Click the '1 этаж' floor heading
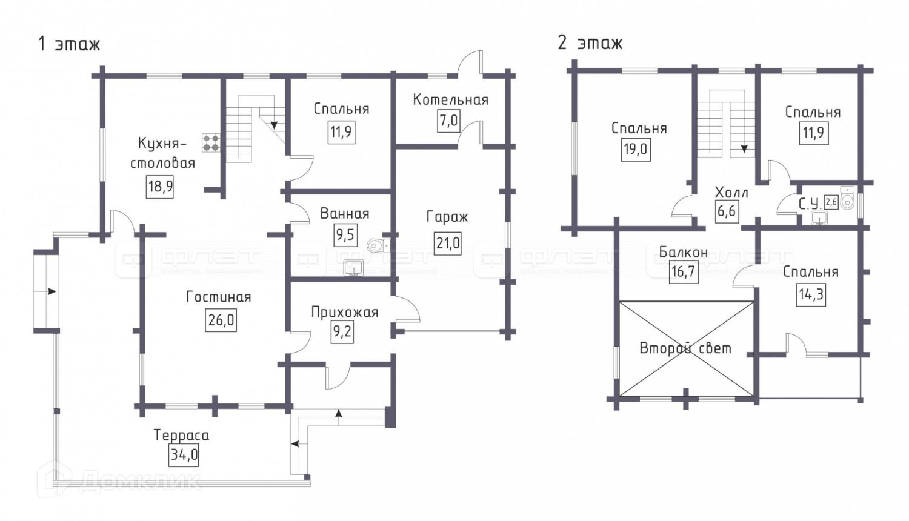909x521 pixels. [68, 44]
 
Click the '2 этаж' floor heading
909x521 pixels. [590, 43]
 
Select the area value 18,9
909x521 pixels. [161, 185]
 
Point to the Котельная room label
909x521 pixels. [450, 100]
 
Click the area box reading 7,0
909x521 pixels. [448, 121]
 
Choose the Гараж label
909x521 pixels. [447, 216]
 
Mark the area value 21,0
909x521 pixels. [448, 244]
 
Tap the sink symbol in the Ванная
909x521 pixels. [353, 268]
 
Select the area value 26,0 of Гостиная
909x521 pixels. [221, 319]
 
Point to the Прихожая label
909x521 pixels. [344, 313]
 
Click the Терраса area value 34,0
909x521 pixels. [184, 454]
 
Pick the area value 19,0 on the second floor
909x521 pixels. [636, 149]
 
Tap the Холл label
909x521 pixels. [731, 193]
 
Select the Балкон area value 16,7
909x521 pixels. [683, 272]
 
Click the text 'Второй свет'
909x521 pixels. [685, 348]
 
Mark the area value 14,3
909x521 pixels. [811, 295]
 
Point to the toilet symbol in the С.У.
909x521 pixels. [847, 201]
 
